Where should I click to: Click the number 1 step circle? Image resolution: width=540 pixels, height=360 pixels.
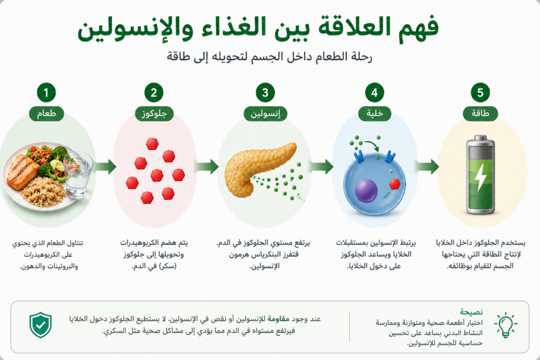point(46,93)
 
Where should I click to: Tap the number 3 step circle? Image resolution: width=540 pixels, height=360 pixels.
point(265,93)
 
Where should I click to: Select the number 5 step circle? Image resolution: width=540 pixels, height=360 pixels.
point(480,93)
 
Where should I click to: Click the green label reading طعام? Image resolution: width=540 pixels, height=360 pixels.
point(46,113)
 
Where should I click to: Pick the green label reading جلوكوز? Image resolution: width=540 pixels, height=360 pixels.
point(154,113)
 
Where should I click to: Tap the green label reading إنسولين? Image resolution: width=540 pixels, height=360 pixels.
point(265,113)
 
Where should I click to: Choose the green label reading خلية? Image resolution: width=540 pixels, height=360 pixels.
point(375,113)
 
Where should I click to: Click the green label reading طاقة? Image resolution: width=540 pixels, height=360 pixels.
point(480,113)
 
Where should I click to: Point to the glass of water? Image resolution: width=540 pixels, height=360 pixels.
point(78,175)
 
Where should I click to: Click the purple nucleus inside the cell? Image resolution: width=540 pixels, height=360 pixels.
point(366,190)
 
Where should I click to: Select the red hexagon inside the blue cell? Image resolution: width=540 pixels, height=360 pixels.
point(394,184)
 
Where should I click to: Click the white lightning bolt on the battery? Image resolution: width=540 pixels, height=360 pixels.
point(480,176)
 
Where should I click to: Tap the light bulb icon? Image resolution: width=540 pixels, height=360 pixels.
point(506,325)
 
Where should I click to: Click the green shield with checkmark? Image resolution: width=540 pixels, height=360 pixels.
point(41,325)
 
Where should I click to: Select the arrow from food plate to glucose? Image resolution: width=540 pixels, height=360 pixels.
point(105,167)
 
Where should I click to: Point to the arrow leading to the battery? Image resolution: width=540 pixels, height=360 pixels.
point(427,167)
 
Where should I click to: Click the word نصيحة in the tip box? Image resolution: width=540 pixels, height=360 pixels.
point(471,312)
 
